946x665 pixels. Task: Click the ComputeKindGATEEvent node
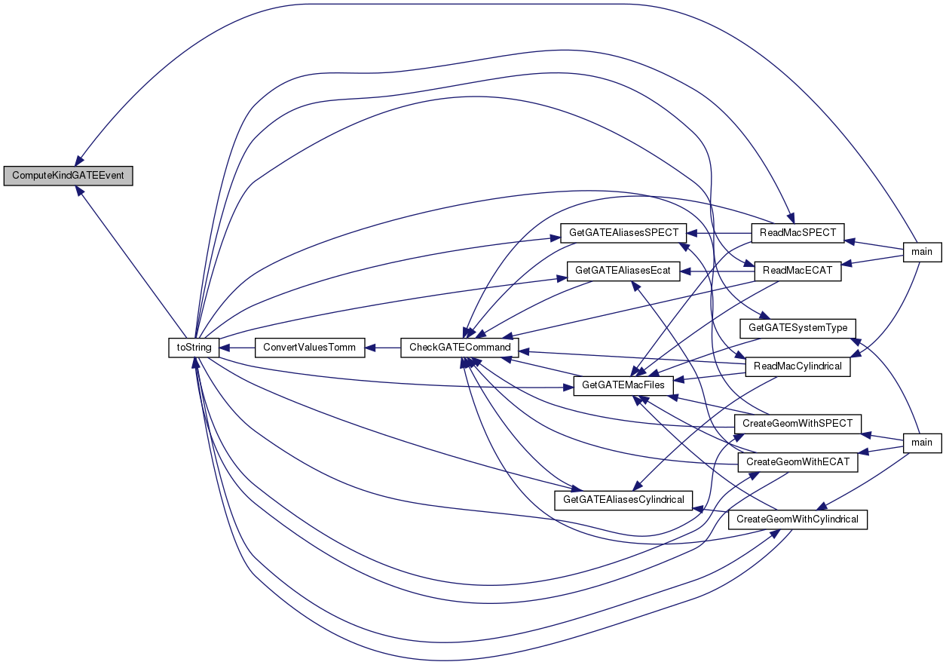[68, 176]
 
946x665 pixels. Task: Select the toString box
[194, 348]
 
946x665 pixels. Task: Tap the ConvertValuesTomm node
[310, 348]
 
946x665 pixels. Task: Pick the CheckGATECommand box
[460, 348]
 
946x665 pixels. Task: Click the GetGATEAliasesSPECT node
[623, 233]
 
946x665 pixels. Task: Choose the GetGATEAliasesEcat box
[623, 271]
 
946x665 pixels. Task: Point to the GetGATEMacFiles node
[623, 386]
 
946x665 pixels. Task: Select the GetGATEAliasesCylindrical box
[623, 500]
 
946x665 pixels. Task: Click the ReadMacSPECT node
[798, 233]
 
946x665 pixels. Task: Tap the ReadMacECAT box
[798, 271]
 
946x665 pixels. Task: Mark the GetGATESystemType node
[798, 328]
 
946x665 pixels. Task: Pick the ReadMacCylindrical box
[798, 366]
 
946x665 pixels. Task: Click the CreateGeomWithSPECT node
[798, 424]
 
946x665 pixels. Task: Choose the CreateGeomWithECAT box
[798, 462]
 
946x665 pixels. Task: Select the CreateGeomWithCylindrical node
[798, 519]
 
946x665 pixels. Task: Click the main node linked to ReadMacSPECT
[923, 253]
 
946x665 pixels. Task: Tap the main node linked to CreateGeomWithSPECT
[923, 443]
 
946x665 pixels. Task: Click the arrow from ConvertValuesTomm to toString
[237, 348]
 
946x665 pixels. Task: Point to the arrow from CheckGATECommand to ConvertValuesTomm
[383, 348]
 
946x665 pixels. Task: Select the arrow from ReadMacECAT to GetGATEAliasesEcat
[717, 271]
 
